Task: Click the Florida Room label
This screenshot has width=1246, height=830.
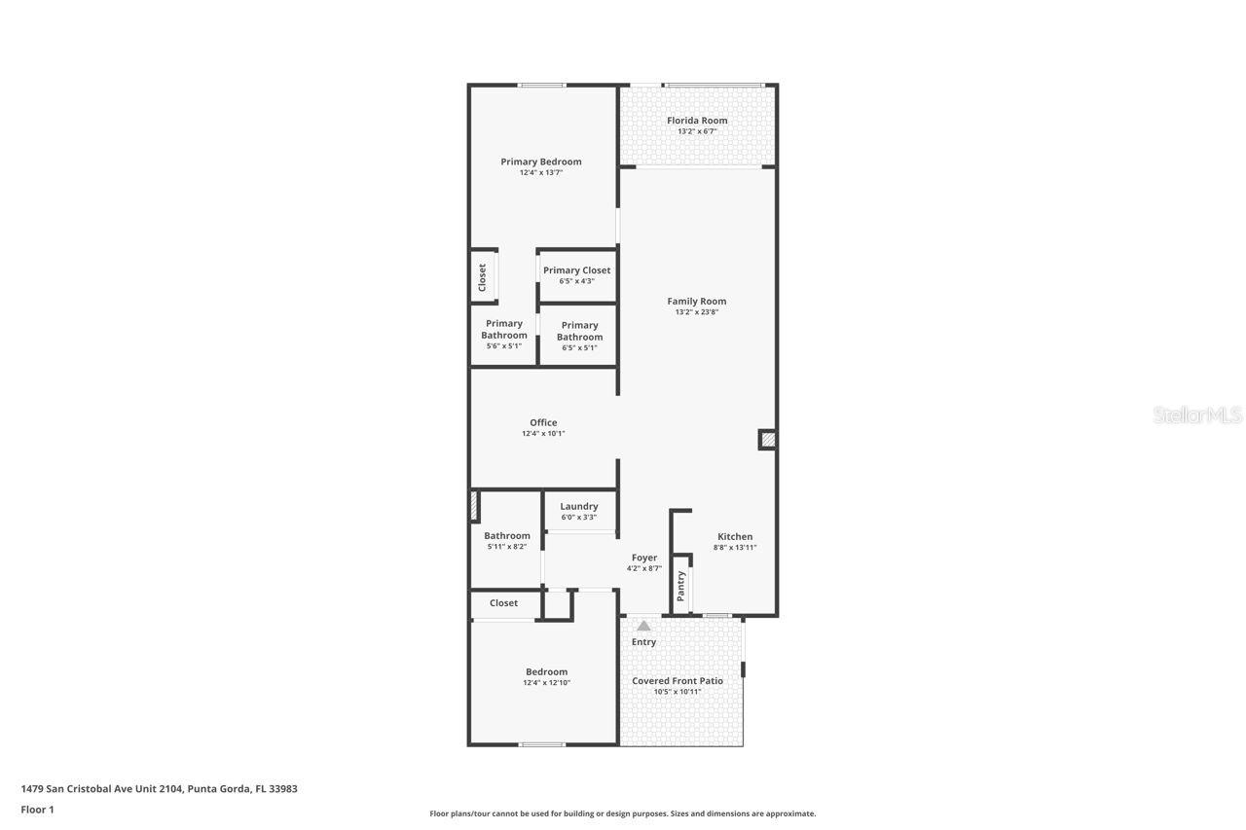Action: coord(697,121)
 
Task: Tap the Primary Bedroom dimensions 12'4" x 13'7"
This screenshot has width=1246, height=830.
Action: coord(541,173)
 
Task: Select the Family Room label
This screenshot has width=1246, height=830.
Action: coord(696,302)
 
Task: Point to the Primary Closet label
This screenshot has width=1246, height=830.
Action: coord(576,271)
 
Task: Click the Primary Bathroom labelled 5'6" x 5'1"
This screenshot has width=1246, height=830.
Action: coord(503,334)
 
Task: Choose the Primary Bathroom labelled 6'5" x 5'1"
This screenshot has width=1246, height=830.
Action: coord(579,336)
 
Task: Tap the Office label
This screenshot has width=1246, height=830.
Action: coord(543,422)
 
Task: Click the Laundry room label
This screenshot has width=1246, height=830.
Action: coord(579,506)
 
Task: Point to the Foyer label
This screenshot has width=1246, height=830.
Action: coord(644,558)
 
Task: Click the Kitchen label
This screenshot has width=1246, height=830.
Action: coord(735,536)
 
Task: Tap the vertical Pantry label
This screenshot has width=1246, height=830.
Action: coord(681,585)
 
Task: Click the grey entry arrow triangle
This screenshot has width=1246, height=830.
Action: coord(643,626)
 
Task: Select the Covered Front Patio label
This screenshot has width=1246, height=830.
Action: coord(678,681)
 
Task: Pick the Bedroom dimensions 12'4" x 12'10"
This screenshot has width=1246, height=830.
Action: coord(546,683)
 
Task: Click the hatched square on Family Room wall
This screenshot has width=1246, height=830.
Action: coord(767,440)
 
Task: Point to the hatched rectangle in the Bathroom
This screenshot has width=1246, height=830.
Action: coord(474,506)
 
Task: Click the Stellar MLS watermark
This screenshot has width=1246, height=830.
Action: coord(1197,415)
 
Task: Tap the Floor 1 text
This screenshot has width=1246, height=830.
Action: coord(37,810)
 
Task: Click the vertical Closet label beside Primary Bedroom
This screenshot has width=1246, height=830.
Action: coord(482,277)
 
